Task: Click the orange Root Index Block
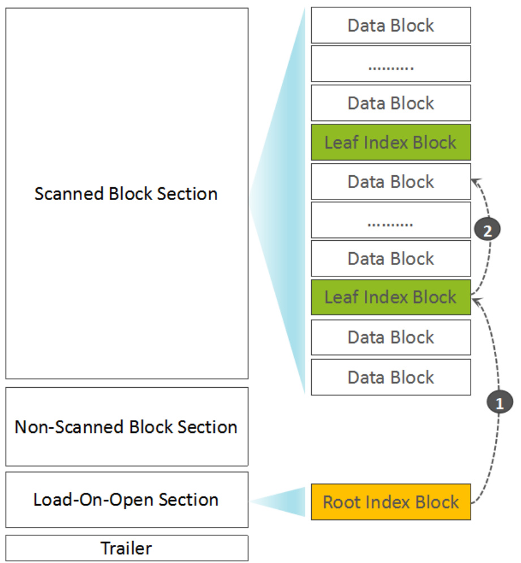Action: click(x=391, y=501)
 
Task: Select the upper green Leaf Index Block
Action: click(x=391, y=142)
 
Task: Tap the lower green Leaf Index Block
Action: click(x=391, y=297)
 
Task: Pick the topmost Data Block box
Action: click(x=391, y=25)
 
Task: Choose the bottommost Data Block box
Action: click(x=391, y=377)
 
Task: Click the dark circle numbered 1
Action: click(x=500, y=402)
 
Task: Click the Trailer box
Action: click(x=127, y=548)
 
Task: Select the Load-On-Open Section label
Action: click(x=126, y=500)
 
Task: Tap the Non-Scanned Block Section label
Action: click(x=126, y=427)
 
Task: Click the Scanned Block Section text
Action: click(x=126, y=193)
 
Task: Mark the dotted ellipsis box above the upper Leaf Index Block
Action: click(x=391, y=64)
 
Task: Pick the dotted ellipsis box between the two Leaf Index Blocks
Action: click(x=391, y=220)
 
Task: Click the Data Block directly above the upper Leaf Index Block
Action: click(x=391, y=103)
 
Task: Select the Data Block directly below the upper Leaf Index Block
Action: click(x=391, y=181)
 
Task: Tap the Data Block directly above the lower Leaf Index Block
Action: click(x=391, y=258)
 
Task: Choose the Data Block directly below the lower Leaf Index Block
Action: click(x=391, y=337)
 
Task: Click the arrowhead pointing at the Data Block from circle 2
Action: click(x=476, y=182)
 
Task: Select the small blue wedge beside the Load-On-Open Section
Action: click(x=278, y=501)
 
